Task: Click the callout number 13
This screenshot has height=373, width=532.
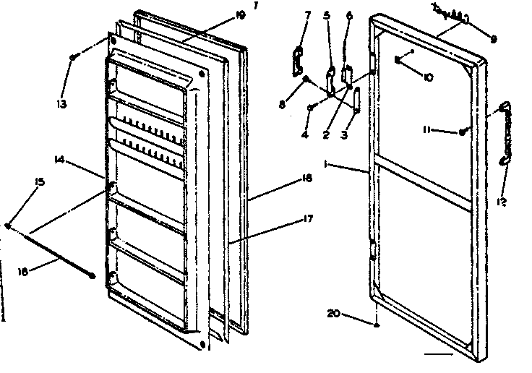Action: tap(61, 104)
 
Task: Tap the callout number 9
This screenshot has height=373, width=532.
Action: tap(493, 40)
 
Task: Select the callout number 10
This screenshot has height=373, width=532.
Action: tap(428, 77)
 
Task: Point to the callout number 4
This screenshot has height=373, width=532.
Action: tap(305, 134)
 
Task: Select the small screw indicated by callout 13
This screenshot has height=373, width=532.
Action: tap(74, 56)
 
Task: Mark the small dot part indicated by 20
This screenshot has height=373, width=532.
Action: tap(377, 325)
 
